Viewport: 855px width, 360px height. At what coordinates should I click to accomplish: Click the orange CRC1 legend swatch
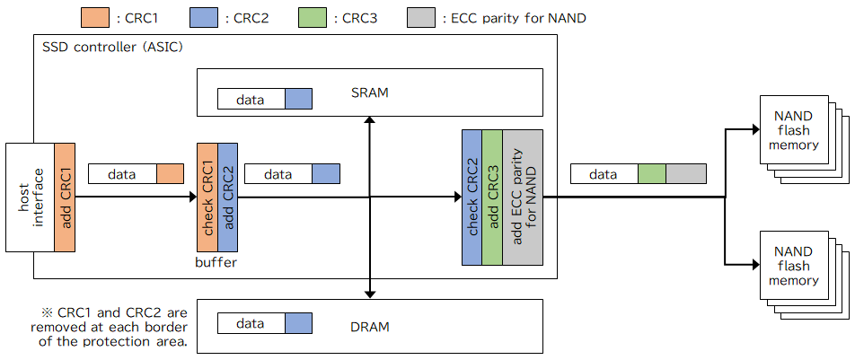pyautogui.click(x=95, y=18)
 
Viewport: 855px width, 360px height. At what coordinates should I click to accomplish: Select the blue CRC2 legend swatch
pyautogui.click(x=203, y=18)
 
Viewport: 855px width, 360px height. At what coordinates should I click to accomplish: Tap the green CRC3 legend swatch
pyautogui.click(x=313, y=18)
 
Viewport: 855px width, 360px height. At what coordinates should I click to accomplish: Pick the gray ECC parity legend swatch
pyautogui.click(x=421, y=18)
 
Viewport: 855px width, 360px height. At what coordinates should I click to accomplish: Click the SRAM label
pyautogui.click(x=370, y=92)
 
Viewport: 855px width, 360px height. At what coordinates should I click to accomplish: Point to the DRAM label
pyautogui.click(x=370, y=328)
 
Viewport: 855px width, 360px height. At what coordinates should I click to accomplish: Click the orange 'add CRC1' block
pyautogui.click(x=65, y=198)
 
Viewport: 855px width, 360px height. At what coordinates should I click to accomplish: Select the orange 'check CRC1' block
pyautogui.click(x=207, y=198)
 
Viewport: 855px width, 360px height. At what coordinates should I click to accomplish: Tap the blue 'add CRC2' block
pyautogui.click(x=227, y=198)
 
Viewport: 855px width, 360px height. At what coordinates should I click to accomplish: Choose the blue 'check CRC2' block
pyautogui.click(x=472, y=198)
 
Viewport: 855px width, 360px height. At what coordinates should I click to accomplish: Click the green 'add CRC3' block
pyautogui.click(x=492, y=198)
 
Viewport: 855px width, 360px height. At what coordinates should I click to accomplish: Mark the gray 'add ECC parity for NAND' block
pyautogui.click(x=523, y=198)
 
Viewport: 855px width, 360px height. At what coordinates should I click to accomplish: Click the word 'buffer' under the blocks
pyautogui.click(x=216, y=262)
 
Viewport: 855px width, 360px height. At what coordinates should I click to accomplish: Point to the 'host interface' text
pyautogui.click(x=31, y=198)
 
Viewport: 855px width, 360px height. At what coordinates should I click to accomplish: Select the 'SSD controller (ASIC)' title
pyautogui.click(x=112, y=47)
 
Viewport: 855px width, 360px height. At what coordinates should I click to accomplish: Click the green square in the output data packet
pyautogui.click(x=652, y=173)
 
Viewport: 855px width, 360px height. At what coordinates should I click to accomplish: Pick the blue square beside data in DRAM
pyautogui.click(x=298, y=323)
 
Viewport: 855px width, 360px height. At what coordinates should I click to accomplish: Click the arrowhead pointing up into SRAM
pyautogui.click(x=370, y=120)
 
